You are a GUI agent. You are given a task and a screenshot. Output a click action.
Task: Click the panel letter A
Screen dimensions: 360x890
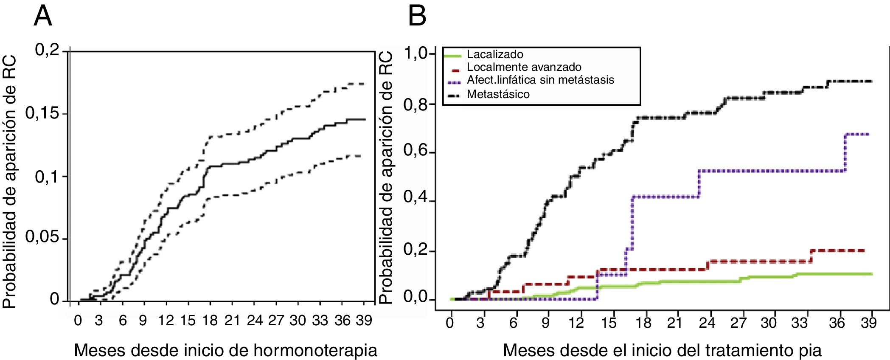point(43,17)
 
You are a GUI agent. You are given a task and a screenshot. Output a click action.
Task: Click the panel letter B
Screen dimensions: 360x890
point(417,17)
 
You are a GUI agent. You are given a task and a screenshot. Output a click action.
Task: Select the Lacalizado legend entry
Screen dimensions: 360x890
point(495,55)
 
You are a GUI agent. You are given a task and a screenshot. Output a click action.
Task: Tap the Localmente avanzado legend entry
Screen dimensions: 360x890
point(524,67)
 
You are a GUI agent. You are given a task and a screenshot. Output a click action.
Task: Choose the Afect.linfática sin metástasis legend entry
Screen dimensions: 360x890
point(540,80)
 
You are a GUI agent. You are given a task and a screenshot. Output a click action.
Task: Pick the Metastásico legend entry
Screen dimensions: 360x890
point(498,94)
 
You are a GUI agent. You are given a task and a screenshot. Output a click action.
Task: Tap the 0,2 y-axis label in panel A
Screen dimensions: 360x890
point(47,51)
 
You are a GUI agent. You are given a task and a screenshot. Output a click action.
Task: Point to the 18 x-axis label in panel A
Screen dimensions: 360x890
point(210,321)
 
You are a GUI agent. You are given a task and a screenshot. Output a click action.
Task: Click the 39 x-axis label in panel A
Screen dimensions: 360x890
point(364,321)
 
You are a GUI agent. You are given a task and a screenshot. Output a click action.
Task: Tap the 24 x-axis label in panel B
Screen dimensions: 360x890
point(707,323)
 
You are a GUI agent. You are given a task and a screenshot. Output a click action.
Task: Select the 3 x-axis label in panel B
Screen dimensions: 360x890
point(480,323)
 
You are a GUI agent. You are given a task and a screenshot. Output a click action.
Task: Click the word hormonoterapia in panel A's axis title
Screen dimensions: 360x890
point(315,351)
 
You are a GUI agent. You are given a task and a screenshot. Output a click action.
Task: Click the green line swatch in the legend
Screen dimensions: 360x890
point(452,55)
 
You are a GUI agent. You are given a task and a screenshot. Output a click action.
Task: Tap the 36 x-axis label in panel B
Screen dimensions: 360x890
point(837,323)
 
